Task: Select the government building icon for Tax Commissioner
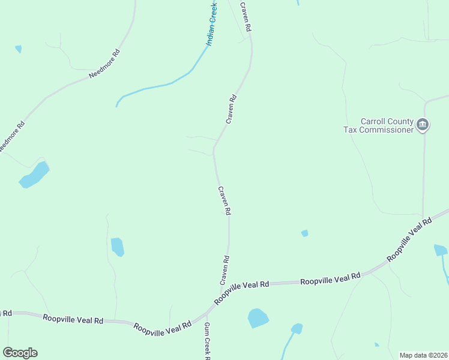point(423,125)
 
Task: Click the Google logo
point(20,353)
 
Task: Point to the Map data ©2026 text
point(423,355)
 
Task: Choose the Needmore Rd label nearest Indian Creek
point(104,64)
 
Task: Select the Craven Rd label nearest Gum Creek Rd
point(224,271)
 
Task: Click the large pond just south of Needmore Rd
point(34,175)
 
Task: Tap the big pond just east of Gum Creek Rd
point(258,318)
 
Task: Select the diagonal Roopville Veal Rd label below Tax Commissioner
point(409,239)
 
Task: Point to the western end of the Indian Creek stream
point(116,106)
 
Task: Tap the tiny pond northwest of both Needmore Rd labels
point(18,49)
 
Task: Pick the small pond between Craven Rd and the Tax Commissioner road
point(304,233)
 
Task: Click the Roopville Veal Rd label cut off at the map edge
point(6,313)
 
